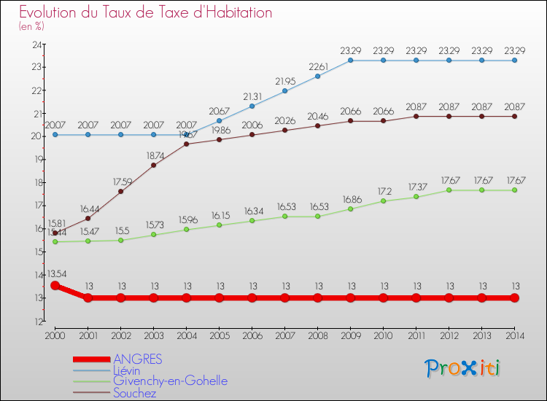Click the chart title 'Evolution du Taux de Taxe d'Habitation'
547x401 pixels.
[146, 13]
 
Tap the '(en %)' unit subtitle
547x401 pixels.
[31, 27]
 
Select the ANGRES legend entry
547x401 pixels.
[138, 359]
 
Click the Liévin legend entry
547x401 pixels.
[128, 370]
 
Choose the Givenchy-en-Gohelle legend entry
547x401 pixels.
[170, 381]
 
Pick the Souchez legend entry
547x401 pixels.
[135, 393]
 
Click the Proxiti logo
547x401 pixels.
[463, 367]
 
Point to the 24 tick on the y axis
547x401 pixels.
[35, 44]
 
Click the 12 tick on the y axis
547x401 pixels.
[35, 321]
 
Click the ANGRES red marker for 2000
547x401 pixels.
[55, 285]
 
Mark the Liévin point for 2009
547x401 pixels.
[351, 61]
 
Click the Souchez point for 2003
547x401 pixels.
[154, 165]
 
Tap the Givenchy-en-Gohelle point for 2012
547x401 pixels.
[449, 190]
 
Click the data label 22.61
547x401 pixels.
[318, 66]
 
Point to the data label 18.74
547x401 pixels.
[154, 155]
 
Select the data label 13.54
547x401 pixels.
[56, 275]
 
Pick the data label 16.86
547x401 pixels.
[351, 198]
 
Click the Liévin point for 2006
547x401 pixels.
[252, 106]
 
